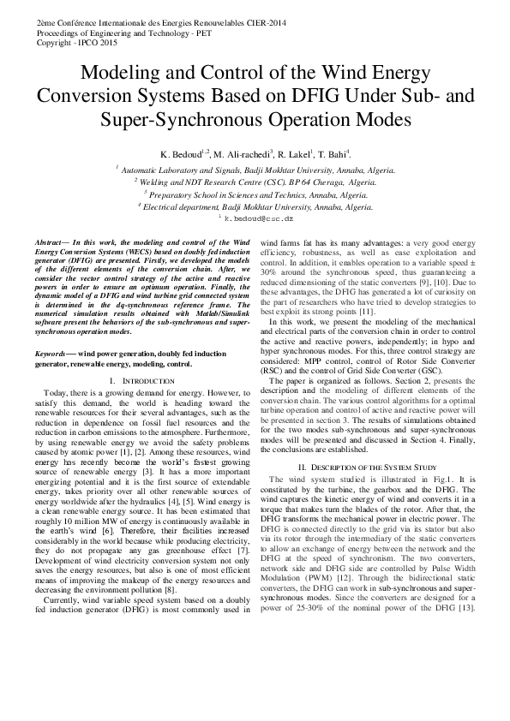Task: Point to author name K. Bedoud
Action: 181,155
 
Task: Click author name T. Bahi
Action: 333,155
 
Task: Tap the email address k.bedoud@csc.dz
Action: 258,219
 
